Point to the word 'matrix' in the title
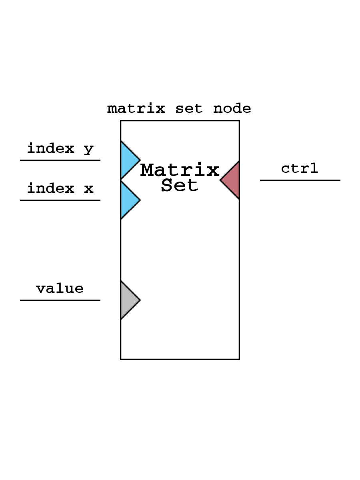click(136, 108)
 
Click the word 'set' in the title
click(189, 109)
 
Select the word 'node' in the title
click(232, 108)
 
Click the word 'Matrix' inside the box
click(180, 170)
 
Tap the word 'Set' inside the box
click(180, 185)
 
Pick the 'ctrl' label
click(300, 168)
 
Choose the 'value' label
click(60, 288)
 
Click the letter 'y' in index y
click(89, 149)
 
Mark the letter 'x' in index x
click(89, 188)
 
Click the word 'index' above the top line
click(51, 148)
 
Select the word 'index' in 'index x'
click(51, 188)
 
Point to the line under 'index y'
click(60, 160)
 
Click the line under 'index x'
click(60, 200)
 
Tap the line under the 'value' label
click(60, 300)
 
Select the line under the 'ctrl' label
click(300, 180)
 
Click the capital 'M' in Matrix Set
click(148, 170)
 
